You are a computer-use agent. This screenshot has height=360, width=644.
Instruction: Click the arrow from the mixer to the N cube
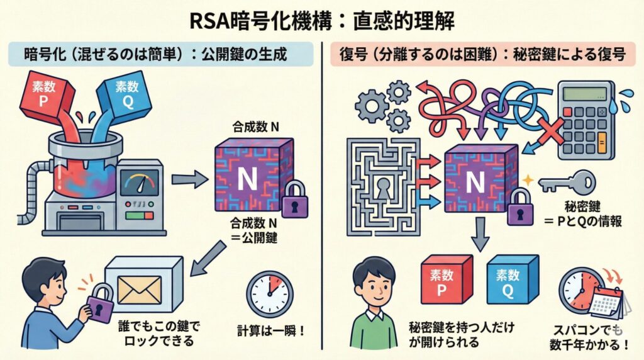point(189,181)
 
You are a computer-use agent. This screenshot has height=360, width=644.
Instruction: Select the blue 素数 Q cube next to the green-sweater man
point(512,280)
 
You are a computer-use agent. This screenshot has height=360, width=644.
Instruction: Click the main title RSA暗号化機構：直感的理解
point(321,20)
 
